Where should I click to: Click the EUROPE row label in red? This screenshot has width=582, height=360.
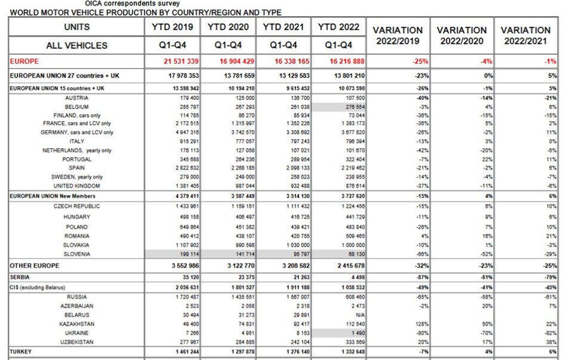pos(24,61)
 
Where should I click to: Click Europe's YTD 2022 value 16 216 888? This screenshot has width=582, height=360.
pos(338,61)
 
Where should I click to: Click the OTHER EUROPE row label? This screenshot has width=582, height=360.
pos(35,264)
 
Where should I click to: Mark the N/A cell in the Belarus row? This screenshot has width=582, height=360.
pos(343,314)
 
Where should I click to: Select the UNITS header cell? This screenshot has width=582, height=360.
pos(76,27)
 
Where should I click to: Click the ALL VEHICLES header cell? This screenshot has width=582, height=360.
pos(76,45)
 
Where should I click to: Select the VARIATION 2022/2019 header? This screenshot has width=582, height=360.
pos(398,35)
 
